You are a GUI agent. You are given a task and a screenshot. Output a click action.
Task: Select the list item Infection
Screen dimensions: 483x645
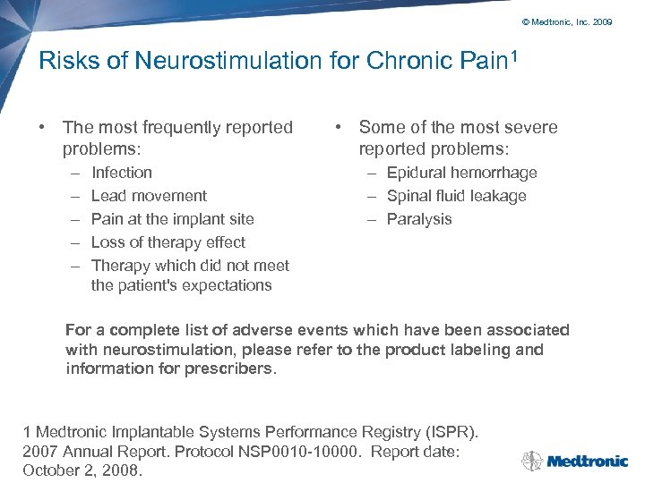[122, 173]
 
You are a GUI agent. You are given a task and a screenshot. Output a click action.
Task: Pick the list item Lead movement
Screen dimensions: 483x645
[149, 196]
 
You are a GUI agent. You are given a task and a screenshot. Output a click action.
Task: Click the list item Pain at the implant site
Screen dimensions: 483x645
[172, 219]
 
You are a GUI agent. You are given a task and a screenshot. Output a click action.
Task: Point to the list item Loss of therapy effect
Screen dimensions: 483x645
[168, 242]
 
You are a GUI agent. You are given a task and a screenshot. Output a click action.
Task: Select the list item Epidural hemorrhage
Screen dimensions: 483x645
[461, 173]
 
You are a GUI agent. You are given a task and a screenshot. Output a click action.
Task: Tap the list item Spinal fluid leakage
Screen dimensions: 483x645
[456, 196]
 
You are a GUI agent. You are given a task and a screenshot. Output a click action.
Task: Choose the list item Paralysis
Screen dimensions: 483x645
[419, 219]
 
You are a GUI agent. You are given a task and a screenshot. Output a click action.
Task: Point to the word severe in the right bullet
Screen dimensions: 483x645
[531, 127]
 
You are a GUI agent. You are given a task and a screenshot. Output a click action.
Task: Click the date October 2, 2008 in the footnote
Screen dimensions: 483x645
[82, 470]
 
